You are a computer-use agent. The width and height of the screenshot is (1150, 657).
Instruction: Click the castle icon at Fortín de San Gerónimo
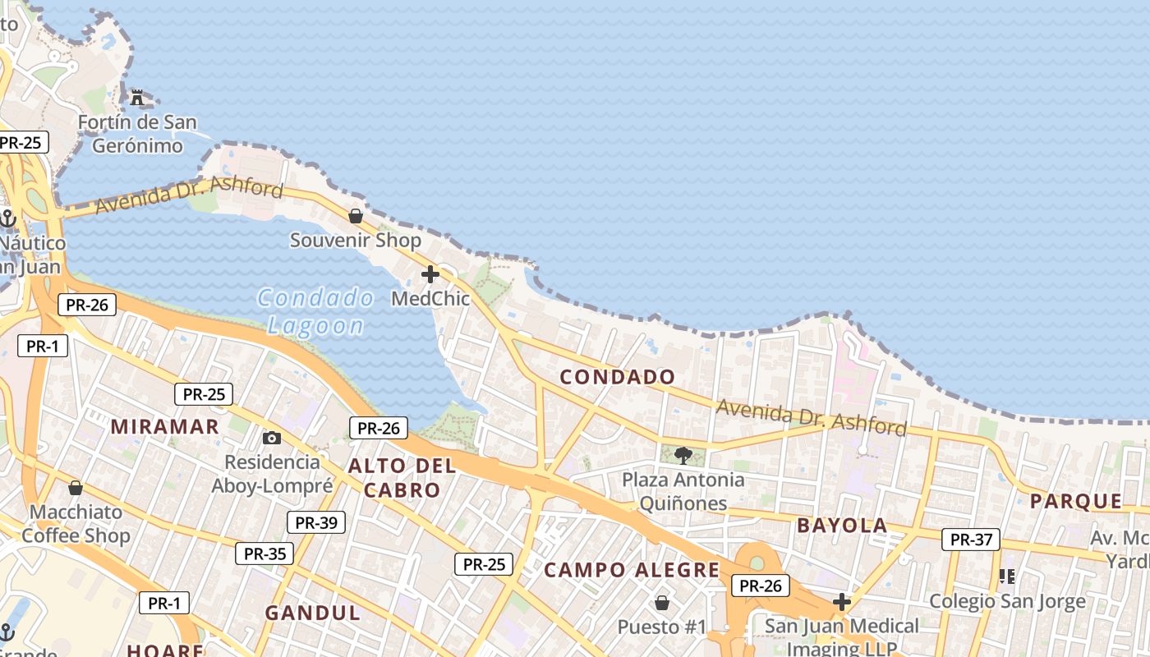pyautogui.click(x=137, y=98)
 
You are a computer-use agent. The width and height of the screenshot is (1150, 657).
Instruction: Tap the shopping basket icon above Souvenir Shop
pyautogui.click(x=356, y=216)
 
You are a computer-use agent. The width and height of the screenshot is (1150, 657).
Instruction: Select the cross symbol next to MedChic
pyautogui.click(x=430, y=274)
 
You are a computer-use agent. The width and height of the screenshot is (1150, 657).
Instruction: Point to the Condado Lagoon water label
pyautogui.click(x=315, y=310)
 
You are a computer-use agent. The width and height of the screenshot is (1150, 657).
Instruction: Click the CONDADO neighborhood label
pyautogui.click(x=618, y=377)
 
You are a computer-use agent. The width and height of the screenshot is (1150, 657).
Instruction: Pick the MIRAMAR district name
pyautogui.click(x=165, y=426)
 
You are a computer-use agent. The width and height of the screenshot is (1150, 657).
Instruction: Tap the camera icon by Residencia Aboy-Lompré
pyautogui.click(x=271, y=439)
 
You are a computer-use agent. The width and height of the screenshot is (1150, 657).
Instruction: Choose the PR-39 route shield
pyautogui.click(x=316, y=522)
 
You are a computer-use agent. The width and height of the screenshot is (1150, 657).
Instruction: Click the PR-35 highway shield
pyautogui.click(x=264, y=554)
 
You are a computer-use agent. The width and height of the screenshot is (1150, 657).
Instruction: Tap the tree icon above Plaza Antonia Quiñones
pyautogui.click(x=683, y=455)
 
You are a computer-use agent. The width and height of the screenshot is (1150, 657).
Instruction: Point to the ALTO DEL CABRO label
pyautogui.click(x=402, y=478)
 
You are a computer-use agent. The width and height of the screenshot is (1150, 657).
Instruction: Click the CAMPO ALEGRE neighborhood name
pyautogui.click(x=632, y=570)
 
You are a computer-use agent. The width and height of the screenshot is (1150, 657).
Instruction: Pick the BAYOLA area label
pyautogui.click(x=842, y=526)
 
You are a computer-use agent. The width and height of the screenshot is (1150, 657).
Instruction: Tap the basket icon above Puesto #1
pyautogui.click(x=662, y=604)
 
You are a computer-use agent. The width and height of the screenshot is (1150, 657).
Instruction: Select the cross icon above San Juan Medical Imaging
pyautogui.click(x=841, y=602)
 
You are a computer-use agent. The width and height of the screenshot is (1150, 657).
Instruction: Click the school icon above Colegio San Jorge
pyautogui.click(x=1007, y=577)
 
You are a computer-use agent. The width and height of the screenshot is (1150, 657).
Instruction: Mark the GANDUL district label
pyautogui.click(x=312, y=613)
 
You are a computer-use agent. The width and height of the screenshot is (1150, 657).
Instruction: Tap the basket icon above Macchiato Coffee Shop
pyautogui.click(x=76, y=488)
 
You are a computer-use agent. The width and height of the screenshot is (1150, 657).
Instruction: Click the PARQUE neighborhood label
pyautogui.click(x=1076, y=501)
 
